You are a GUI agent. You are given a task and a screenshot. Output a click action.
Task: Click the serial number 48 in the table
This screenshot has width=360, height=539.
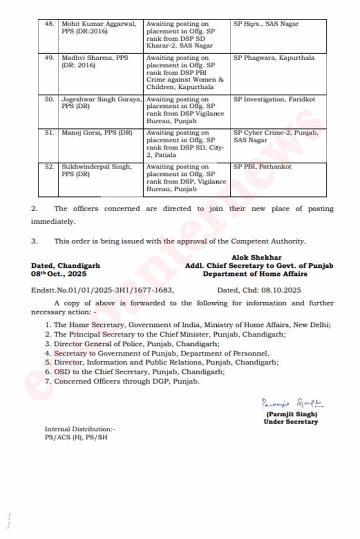[x=51, y=24]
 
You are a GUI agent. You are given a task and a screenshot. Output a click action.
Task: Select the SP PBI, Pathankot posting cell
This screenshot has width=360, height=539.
[x=262, y=166]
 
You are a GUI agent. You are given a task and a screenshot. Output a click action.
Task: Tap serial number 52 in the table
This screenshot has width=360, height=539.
[x=51, y=166]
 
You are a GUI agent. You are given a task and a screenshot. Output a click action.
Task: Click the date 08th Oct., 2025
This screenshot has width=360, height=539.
[x=58, y=274]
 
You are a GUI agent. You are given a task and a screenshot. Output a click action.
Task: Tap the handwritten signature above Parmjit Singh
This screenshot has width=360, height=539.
[x=291, y=404]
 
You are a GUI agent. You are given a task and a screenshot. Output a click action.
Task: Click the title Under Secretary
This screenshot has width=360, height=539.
[x=291, y=422]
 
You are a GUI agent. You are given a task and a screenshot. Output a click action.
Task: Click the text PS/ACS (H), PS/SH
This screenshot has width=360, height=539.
[x=78, y=437]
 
